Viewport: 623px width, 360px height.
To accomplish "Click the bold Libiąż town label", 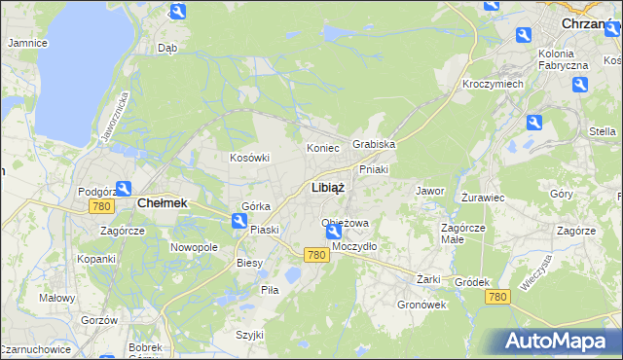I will (327, 188).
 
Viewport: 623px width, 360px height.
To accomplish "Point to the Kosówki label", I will (248, 158).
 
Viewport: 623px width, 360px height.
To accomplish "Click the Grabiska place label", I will (374, 144).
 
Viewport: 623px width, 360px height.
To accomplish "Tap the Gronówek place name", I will (421, 304).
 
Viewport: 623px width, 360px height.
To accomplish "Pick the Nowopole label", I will (194, 247).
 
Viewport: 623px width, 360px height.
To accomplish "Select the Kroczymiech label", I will (493, 85).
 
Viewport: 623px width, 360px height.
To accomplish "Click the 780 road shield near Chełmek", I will (100, 206).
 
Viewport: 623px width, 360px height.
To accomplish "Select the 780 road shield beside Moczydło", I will (314, 254).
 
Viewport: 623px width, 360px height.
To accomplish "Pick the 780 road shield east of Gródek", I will (497, 296).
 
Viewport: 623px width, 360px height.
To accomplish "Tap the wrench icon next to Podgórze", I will (124, 189).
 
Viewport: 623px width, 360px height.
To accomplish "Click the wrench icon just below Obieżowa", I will (333, 232).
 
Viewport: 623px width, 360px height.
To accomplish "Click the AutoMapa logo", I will (556, 341).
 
